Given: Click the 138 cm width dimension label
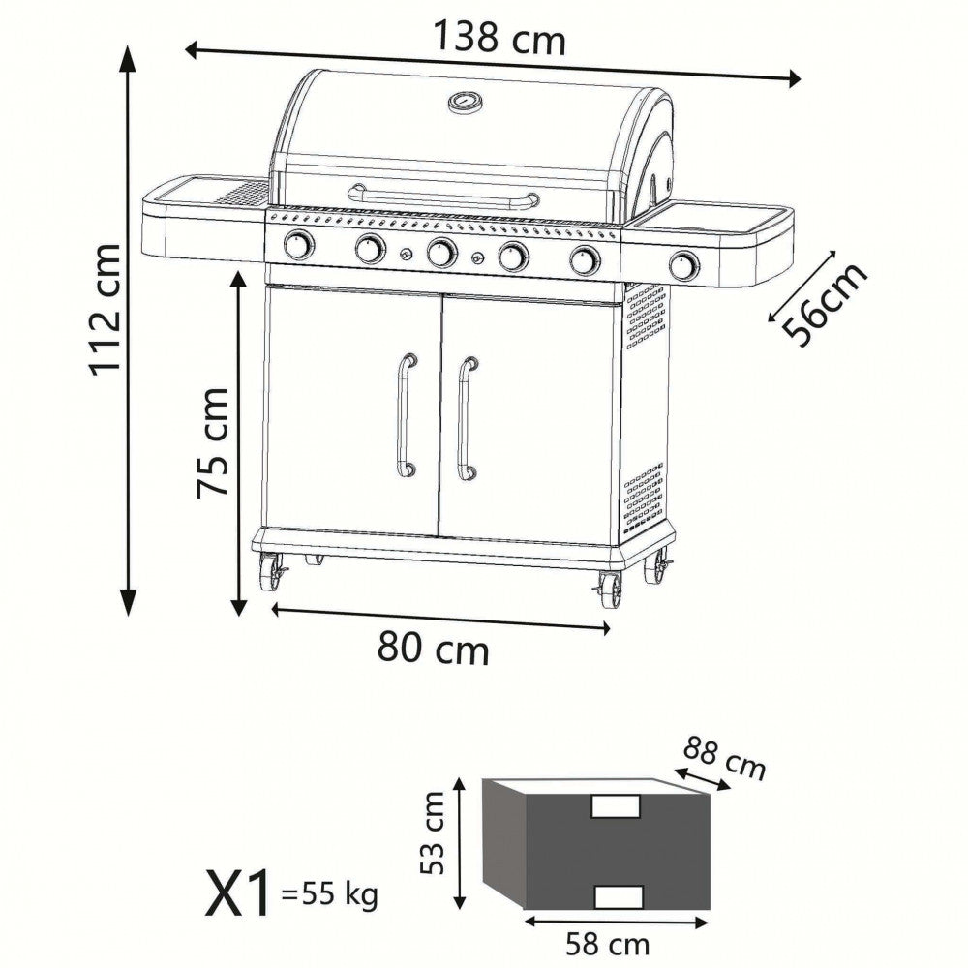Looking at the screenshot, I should coord(498,38).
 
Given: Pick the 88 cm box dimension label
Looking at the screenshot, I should coord(724,759).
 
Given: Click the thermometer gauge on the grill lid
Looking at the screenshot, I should coord(463,102).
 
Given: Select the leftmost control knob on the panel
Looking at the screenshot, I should coord(298,247).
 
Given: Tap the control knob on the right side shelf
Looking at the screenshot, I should coord(684,263).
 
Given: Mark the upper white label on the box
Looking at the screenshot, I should coord(616,806).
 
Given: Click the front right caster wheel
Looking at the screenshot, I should coord(610,588).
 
